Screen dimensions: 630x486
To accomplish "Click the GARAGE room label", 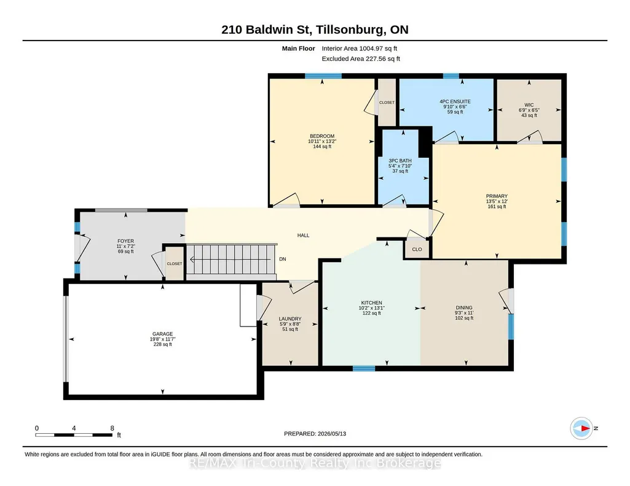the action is pyautogui.click(x=162, y=334).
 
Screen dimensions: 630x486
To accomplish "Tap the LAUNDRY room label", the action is pyautogui.click(x=290, y=319).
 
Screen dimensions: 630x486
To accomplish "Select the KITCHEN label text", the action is pyautogui.click(x=372, y=303).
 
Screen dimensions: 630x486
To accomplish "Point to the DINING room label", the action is pyautogui.click(x=464, y=307).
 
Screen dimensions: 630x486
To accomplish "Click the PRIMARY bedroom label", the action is pyautogui.click(x=497, y=196).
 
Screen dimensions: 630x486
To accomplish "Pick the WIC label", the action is pyautogui.click(x=529, y=105).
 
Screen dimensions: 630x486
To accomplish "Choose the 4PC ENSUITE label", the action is pyautogui.click(x=455, y=101).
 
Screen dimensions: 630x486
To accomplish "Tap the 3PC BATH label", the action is pyautogui.click(x=400, y=160).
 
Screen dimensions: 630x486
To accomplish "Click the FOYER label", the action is pyautogui.click(x=126, y=241).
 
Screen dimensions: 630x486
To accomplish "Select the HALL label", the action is pyautogui.click(x=304, y=236).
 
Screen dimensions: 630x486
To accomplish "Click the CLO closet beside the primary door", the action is pyautogui.click(x=417, y=249).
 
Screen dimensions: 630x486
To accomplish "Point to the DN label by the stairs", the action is pyautogui.click(x=283, y=259).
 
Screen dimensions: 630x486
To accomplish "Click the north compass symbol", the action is pyautogui.click(x=582, y=428).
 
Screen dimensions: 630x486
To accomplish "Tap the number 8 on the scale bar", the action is pyautogui.click(x=112, y=428).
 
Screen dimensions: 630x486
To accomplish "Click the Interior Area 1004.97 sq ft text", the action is pyautogui.click(x=359, y=48).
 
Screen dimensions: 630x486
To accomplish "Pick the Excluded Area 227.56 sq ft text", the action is pyautogui.click(x=361, y=58).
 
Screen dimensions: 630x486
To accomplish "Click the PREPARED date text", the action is pyautogui.click(x=315, y=433).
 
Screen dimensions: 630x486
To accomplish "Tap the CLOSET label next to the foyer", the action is pyautogui.click(x=175, y=263).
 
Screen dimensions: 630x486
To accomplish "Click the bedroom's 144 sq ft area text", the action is pyautogui.click(x=322, y=147).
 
